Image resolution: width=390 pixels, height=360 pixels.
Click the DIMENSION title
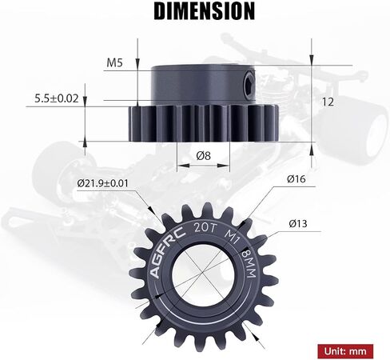[205, 11]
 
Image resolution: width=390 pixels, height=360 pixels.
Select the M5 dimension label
[114, 63]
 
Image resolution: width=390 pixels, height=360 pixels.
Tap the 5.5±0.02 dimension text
[57, 98]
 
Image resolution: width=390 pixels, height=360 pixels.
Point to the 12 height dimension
[328, 102]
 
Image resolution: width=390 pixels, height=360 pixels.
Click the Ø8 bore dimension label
[203, 156]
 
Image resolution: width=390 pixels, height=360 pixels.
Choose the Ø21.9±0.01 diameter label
[102, 183]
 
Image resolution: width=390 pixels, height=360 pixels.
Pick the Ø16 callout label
[296, 179]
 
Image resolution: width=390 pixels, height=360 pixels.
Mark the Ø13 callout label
[298, 223]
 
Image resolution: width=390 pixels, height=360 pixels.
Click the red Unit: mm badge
[345, 351]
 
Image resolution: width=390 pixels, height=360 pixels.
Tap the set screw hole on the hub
[249, 85]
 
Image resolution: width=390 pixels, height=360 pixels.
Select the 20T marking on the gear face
[205, 228]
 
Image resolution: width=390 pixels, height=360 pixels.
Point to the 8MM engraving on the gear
[249, 263]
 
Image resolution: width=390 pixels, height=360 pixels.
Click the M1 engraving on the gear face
[231, 237]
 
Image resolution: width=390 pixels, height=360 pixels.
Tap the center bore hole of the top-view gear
[203, 274]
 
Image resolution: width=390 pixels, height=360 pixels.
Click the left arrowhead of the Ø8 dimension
[183, 166]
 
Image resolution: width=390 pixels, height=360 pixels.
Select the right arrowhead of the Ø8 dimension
[223, 166]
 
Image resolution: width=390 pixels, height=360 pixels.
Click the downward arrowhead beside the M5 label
[137, 64]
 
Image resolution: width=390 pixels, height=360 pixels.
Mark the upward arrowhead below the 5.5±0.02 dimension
[85, 143]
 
